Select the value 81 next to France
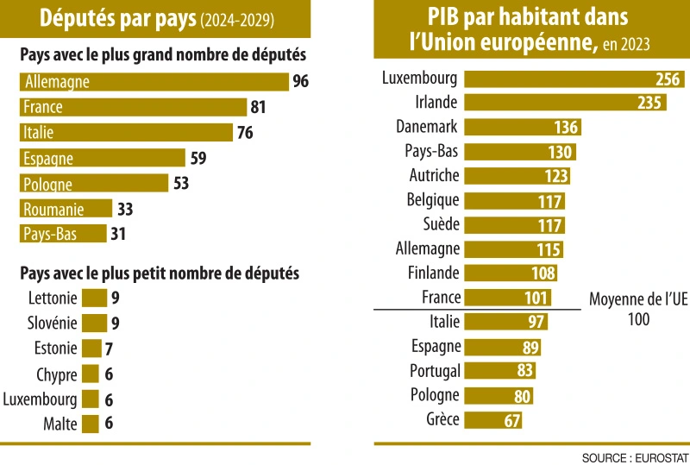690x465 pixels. pos(257,108)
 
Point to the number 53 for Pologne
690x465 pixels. pos(180,184)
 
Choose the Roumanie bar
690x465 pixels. pos(66,209)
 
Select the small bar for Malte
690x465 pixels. pos(91,424)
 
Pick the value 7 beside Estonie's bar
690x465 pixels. pos(110,349)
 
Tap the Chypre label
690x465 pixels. pos(57,374)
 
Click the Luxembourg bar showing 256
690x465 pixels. pos(574,79)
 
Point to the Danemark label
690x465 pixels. pos(427,127)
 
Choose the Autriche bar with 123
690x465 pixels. pos(517,176)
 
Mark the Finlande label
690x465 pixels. pos(434,273)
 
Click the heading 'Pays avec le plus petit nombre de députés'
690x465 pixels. pos(160,273)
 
